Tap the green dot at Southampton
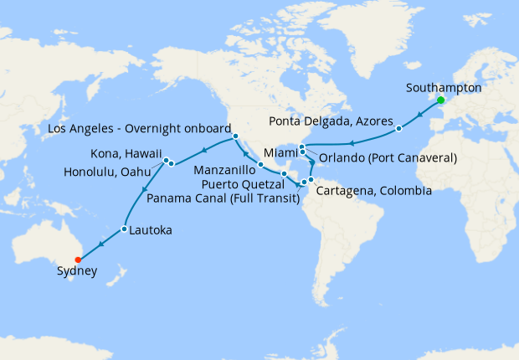(440, 102)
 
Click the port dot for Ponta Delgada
(399, 129)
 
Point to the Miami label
(280, 153)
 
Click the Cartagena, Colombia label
(374, 191)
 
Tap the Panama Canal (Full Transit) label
(224, 198)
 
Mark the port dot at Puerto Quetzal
(285, 174)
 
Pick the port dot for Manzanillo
(261, 164)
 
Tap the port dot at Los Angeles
(236, 136)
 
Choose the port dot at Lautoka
(124, 229)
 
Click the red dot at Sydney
(78, 259)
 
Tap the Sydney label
(77, 271)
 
